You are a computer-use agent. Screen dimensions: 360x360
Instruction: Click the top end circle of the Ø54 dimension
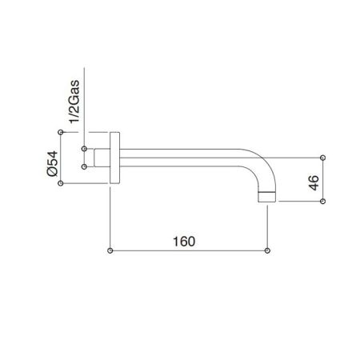62,132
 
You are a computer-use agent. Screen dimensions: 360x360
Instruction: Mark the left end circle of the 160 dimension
110,250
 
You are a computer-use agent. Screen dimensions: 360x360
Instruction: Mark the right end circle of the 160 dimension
266,250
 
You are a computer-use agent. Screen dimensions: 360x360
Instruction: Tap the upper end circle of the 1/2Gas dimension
85,148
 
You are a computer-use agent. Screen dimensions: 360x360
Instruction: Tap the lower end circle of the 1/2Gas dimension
85,167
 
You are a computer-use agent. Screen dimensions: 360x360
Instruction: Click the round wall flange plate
115,158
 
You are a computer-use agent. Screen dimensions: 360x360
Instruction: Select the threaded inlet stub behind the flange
101,158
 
